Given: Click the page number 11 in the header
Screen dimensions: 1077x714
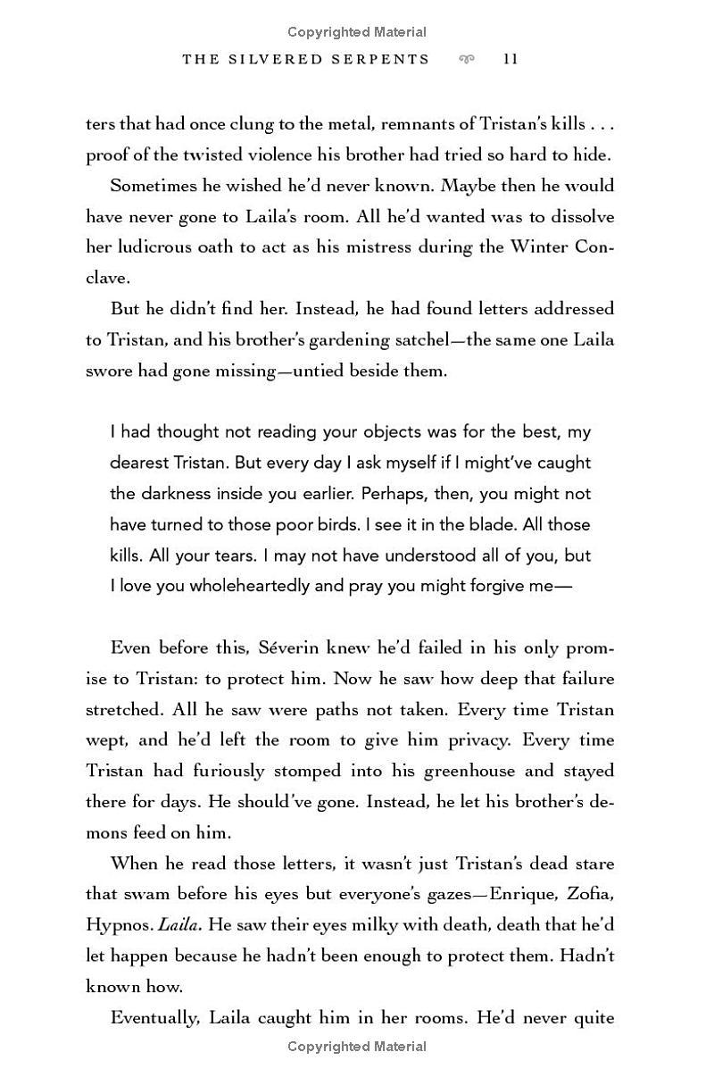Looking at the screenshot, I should click(511, 59).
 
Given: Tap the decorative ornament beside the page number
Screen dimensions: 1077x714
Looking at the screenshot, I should click(466, 59).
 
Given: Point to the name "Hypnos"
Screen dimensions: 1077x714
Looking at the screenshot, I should click(119, 925).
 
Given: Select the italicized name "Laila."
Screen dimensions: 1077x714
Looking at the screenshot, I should click(178, 925).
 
